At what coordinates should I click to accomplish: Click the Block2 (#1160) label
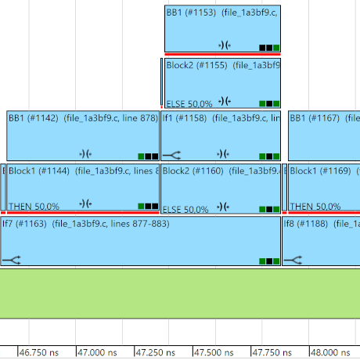point(191,170)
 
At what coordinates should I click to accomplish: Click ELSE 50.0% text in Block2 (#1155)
point(187,103)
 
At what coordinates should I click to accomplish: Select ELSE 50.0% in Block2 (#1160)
point(185,209)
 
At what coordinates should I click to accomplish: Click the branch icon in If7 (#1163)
point(11,259)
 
